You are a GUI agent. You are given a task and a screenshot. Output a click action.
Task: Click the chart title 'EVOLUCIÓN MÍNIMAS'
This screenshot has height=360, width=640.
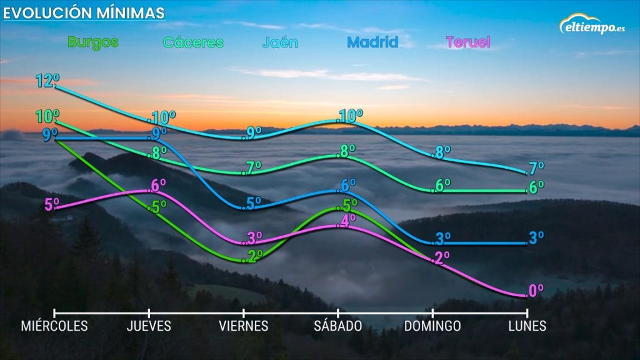(x=85, y=12)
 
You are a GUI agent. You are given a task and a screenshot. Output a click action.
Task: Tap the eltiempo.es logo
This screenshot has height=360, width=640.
(x=592, y=26)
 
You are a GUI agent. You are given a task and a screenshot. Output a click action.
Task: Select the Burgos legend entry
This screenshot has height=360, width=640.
(x=92, y=42)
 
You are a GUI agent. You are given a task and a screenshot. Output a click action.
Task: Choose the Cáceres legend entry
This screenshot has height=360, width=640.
(x=193, y=42)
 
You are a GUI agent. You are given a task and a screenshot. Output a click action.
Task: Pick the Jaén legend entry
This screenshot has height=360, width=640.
(x=280, y=42)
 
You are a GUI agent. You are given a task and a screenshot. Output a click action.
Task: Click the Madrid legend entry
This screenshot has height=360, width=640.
(x=372, y=42)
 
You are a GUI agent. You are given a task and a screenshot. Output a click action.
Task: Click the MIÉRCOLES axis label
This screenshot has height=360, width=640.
(x=54, y=326)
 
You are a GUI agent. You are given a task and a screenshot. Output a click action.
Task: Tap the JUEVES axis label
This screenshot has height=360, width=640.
(x=149, y=326)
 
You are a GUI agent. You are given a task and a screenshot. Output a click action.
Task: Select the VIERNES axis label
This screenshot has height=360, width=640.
(x=244, y=326)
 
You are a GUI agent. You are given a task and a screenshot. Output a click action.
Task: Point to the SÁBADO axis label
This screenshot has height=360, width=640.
(x=338, y=326)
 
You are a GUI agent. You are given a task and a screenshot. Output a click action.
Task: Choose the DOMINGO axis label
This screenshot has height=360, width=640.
(x=432, y=326)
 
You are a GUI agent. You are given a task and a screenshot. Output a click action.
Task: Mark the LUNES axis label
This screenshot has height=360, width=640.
(x=527, y=326)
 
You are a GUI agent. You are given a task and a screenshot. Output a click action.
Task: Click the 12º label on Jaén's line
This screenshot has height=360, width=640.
(x=47, y=81)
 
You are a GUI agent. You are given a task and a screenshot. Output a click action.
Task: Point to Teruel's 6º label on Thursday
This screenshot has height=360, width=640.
(x=158, y=186)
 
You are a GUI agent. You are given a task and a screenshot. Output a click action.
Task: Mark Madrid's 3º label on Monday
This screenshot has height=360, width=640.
(x=536, y=237)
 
